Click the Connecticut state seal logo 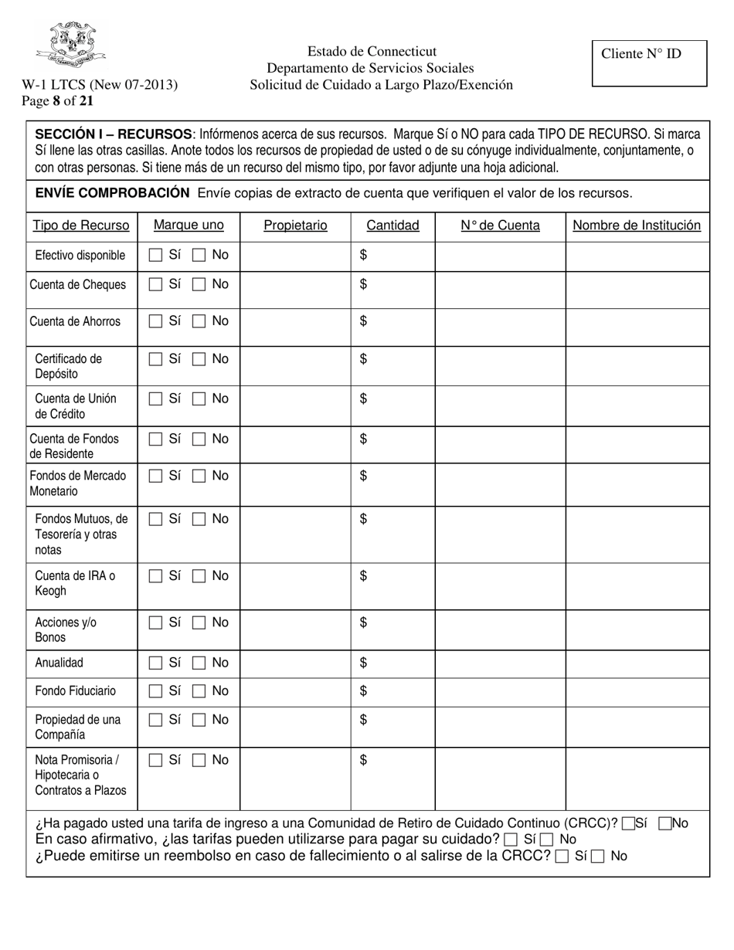click(70, 45)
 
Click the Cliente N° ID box click(649, 63)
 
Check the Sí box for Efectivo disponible click(155, 255)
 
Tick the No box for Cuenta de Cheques click(199, 285)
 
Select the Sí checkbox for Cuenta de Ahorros click(155, 321)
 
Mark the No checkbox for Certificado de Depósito click(199, 359)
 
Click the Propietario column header click(295, 226)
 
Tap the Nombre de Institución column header click(637, 226)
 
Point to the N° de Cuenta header click(500, 226)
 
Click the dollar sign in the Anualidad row click(363, 663)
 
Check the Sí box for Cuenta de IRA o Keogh click(155, 576)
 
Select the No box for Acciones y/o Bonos click(199, 623)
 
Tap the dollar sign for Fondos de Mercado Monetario click(363, 476)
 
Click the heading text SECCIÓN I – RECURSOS click(114, 134)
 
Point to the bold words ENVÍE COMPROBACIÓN click(112, 193)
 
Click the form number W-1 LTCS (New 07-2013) click(100, 85)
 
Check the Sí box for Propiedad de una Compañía click(155, 720)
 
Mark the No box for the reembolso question click(597, 857)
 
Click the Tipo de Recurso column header click(81, 226)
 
